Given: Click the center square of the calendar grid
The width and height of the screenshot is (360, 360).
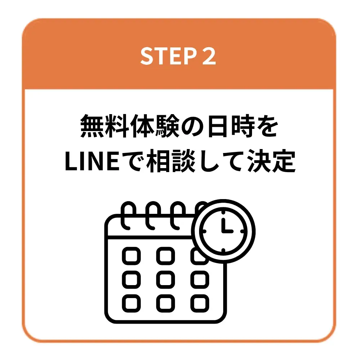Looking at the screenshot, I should point(166,279).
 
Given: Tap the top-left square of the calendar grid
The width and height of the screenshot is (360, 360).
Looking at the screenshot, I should point(131,256).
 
